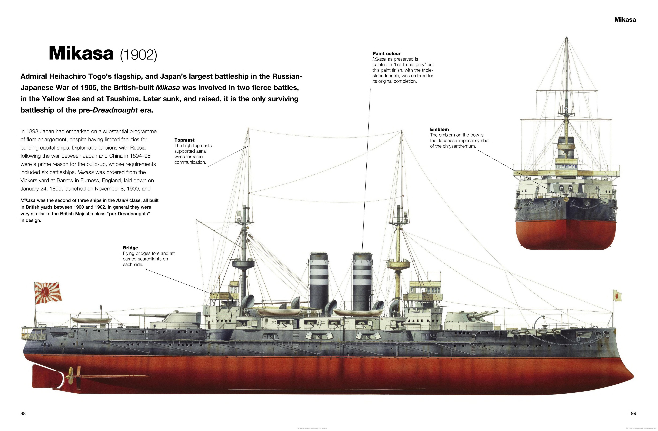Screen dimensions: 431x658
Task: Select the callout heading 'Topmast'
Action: click(x=184, y=140)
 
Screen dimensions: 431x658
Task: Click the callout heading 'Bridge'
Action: click(x=131, y=248)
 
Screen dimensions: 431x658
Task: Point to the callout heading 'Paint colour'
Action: click(x=386, y=54)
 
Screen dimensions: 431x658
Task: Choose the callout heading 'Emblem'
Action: click(x=439, y=129)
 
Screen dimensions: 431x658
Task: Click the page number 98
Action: click(x=23, y=413)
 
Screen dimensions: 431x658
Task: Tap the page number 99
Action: click(x=633, y=413)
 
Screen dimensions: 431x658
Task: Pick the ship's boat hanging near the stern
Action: click(x=91, y=320)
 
